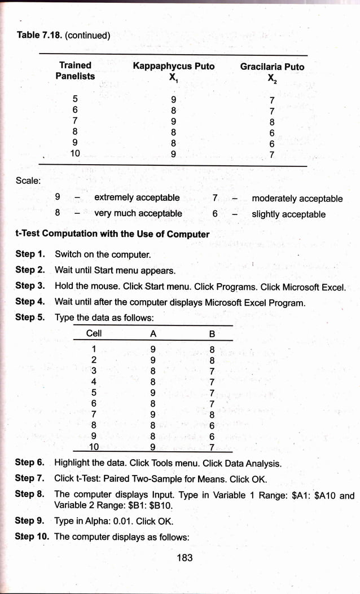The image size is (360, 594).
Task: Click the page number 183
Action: click(185, 557)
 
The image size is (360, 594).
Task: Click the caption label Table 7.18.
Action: click(39, 35)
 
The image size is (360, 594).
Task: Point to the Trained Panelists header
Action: click(75, 71)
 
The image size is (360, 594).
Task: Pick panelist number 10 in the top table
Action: click(75, 153)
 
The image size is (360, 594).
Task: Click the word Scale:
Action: click(27, 181)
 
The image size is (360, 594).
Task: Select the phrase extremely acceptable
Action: click(137, 197)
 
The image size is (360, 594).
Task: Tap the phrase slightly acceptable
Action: click(288, 214)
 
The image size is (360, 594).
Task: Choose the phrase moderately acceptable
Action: click(297, 198)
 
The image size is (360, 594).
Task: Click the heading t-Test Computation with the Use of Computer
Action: click(112, 234)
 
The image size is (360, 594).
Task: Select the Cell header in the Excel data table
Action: click(94, 333)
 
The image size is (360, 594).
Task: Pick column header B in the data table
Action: click(212, 333)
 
